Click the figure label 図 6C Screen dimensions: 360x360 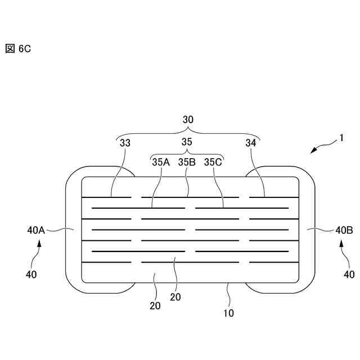click(x=17, y=49)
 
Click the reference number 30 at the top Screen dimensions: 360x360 click(x=188, y=120)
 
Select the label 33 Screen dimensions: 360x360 click(x=125, y=143)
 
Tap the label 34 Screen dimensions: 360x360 click(x=251, y=143)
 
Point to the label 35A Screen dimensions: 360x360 click(x=161, y=162)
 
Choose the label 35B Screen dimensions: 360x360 click(x=187, y=162)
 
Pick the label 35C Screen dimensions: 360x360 click(x=213, y=162)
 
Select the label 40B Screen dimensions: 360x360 click(x=344, y=229)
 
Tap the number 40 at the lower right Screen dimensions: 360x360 click(x=349, y=274)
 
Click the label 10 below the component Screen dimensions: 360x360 click(x=229, y=313)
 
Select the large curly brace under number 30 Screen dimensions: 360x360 click(x=188, y=133)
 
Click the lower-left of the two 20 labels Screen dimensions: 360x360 click(x=155, y=306)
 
